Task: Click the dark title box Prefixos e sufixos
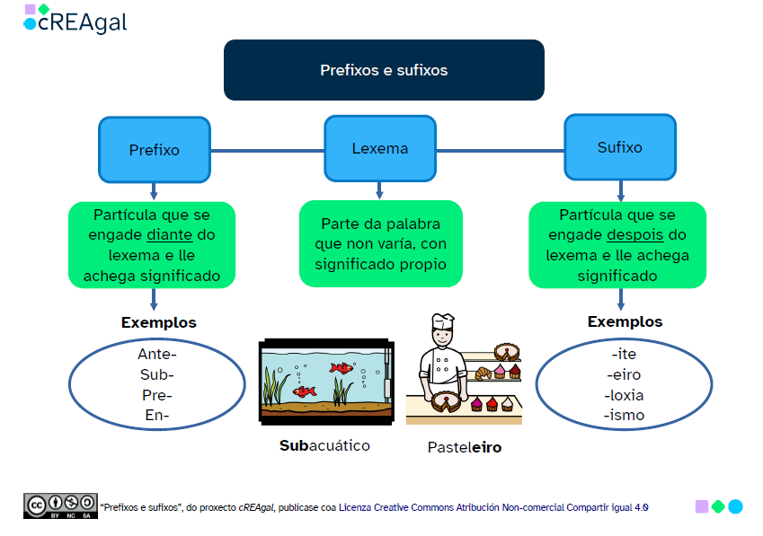(384, 70)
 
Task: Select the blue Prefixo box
(154, 150)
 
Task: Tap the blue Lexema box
(379, 149)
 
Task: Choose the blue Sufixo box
(619, 147)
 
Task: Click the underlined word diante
(170, 235)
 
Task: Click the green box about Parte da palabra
(380, 243)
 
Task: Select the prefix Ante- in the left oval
(156, 354)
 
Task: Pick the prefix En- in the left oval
(156, 415)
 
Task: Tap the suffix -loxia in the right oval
(625, 395)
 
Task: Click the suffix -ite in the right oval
(625, 354)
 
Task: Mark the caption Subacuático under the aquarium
(324, 445)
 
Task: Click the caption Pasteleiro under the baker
(464, 446)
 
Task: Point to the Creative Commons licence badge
(59, 505)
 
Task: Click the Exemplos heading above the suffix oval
(625, 321)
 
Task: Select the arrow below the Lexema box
(379, 189)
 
